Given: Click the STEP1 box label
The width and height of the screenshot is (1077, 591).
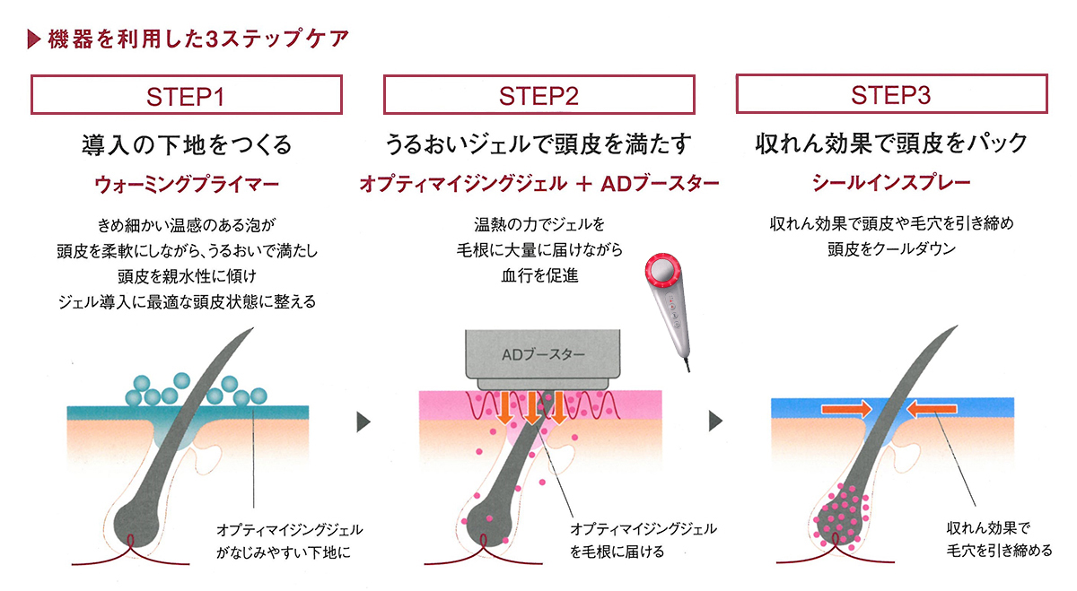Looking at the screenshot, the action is pos(186,95).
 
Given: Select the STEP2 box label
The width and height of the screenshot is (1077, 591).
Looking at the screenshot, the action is pos(539,95).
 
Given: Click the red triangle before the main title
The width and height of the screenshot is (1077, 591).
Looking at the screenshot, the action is pos(34,39).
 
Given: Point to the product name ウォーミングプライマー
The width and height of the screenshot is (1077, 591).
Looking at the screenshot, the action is pos(187,185).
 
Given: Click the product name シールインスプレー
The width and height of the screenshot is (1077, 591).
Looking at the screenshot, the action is pos(891,183).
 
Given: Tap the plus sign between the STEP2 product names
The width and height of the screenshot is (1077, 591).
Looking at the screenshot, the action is pos(583,184).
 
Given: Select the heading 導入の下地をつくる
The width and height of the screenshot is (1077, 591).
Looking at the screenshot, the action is pos(187,144).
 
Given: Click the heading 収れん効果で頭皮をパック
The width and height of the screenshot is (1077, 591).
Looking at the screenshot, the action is pos(891,143).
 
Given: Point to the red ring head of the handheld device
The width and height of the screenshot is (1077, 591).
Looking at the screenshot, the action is pos(663,271).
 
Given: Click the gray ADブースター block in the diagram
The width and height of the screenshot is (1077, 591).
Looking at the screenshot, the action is pos(543,360).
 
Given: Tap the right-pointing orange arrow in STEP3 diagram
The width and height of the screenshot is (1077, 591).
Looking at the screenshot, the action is pos(846,409).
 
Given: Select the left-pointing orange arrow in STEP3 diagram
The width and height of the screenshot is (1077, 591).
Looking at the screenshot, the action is pos(932,409).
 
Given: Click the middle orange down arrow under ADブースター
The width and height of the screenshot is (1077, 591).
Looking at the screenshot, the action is pos(531,408).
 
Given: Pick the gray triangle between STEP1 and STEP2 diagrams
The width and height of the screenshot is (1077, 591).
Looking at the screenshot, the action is pos(363,422).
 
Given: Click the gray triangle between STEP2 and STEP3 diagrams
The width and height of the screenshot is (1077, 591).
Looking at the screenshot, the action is pos(716,421).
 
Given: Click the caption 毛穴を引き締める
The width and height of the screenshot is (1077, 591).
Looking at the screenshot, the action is pos(999,551).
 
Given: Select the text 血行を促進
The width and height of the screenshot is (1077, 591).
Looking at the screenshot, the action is pos(539,276).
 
